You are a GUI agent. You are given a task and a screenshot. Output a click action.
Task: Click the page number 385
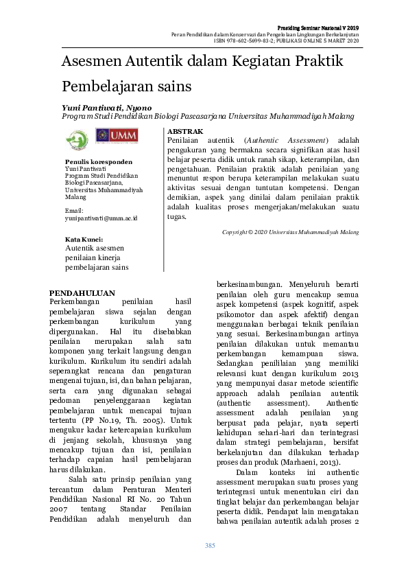tap(211, 546)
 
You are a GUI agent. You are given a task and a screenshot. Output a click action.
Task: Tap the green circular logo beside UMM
tap(77, 139)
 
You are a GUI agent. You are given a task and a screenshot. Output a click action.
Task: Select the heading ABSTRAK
tap(185, 130)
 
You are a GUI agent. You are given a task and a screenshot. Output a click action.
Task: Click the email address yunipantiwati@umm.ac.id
tap(101, 218)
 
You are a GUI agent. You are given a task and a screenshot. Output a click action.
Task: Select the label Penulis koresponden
tap(98, 162)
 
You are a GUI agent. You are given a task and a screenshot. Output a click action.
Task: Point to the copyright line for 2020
tap(290, 232)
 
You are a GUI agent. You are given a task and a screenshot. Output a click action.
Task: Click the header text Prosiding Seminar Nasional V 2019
tap(322, 26)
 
